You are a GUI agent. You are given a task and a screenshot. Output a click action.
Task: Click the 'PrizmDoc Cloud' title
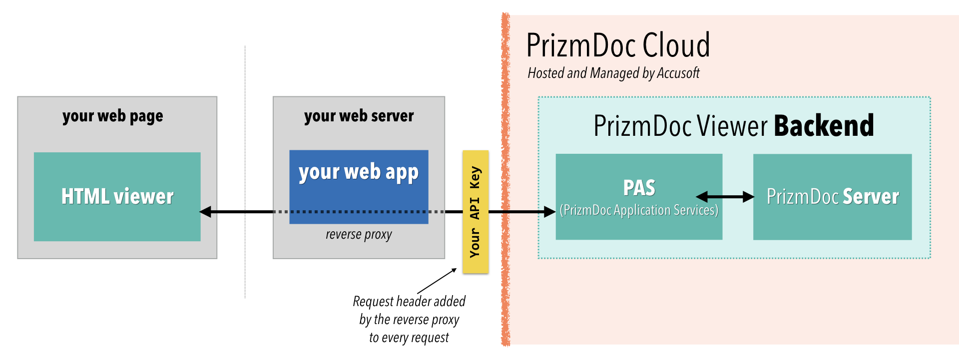(x=618, y=45)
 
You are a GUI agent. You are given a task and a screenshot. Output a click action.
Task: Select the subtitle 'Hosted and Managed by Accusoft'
(x=613, y=73)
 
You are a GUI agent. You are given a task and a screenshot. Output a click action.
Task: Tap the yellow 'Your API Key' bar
(x=475, y=212)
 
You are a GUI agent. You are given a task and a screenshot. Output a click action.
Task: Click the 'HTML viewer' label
(x=117, y=196)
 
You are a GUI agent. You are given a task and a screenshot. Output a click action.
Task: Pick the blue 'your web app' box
(x=359, y=172)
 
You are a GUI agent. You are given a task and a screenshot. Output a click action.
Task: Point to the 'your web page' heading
(x=112, y=116)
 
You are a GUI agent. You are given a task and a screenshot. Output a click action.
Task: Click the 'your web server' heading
(x=359, y=116)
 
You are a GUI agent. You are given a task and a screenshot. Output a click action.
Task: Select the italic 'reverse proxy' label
(x=359, y=234)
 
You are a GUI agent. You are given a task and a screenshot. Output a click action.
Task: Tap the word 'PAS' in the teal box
(x=639, y=188)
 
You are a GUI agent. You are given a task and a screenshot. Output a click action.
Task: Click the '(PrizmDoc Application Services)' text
(x=639, y=210)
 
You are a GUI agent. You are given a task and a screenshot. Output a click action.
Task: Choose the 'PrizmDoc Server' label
(x=833, y=197)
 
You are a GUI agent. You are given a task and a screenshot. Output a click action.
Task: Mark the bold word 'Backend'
(x=824, y=126)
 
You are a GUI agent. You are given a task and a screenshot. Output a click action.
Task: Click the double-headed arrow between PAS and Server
(x=725, y=197)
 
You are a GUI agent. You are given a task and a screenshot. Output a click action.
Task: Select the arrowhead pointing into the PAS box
(x=549, y=212)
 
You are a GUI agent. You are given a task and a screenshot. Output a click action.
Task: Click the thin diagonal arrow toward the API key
(x=437, y=281)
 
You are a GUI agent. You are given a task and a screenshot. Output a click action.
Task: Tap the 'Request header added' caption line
(x=409, y=302)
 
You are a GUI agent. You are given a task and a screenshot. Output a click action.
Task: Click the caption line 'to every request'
(x=409, y=338)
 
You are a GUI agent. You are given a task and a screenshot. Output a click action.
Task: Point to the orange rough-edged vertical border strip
(x=505, y=180)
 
